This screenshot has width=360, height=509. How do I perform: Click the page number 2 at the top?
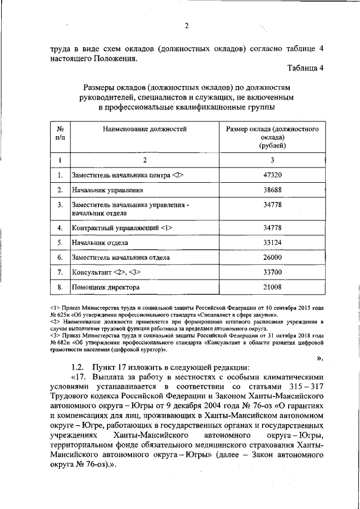(186, 25)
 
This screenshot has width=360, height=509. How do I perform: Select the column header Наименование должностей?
(145, 129)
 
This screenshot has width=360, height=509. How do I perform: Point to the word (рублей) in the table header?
(272, 145)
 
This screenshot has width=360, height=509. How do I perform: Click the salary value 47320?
(272, 175)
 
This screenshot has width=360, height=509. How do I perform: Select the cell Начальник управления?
(103, 191)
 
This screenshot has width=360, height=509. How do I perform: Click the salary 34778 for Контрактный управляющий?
(272, 228)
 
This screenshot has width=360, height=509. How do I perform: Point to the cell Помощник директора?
(106, 287)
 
